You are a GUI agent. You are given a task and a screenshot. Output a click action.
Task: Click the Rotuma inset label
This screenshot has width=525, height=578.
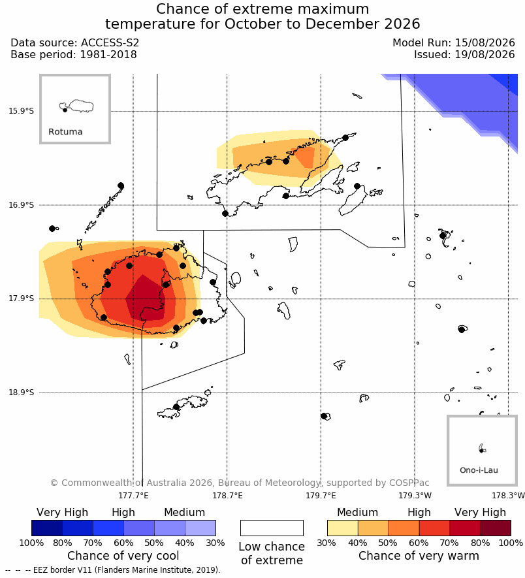65,131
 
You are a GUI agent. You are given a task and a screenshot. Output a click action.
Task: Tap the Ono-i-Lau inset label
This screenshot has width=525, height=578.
479,470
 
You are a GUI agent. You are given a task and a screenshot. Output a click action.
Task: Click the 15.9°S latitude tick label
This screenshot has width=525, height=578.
21,111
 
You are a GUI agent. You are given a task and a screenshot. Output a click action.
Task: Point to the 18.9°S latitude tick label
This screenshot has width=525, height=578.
21,393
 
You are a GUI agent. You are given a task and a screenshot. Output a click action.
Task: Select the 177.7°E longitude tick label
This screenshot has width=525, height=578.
133,496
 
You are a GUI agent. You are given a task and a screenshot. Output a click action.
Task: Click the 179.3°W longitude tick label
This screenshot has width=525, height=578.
415,496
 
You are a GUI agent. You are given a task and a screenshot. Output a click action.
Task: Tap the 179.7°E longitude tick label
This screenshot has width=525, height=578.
321,496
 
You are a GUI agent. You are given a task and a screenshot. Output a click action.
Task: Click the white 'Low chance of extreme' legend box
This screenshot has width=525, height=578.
272,528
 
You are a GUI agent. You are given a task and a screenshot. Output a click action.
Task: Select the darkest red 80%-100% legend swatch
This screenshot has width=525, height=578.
496,528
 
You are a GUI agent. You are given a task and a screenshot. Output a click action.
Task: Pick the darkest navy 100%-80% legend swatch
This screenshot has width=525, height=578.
47,528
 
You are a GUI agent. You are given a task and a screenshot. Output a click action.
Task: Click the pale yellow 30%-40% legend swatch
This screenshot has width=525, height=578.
343,528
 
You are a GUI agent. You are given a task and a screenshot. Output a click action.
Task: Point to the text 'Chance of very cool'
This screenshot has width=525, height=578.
123,556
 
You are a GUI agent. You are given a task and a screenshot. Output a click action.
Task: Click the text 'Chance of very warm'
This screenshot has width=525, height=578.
419,556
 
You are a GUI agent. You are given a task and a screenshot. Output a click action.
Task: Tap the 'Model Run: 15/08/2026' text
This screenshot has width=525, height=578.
453,42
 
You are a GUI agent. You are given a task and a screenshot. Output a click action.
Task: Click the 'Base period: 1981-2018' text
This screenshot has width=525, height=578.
74,55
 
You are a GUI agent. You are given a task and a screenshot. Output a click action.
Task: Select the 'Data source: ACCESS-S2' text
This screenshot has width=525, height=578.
75,42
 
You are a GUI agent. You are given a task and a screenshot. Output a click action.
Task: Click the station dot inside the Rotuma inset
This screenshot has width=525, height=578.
65,110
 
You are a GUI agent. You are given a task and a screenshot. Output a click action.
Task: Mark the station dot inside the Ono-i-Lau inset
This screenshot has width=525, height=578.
481,451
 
